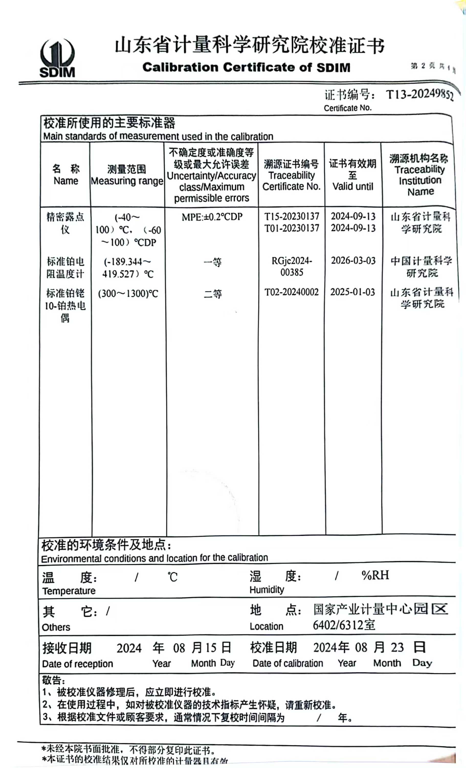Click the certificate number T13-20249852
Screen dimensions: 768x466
coord(419,94)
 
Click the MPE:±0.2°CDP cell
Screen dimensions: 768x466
coord(212,217)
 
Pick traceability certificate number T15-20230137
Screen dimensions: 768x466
coord(292,216)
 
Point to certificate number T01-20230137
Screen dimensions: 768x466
coord(292,228)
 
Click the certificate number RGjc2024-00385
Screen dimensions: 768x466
coord(292,266)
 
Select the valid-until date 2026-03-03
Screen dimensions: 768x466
coord(353,261)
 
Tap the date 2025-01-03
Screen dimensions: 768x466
coord(352,292)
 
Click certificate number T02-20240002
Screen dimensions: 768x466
coord(292,292)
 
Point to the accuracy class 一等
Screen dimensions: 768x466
coord(213,262)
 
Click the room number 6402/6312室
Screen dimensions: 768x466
coord(344,625)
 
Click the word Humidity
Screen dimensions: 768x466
coord(267,590)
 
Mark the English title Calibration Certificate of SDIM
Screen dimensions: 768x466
coord(246,67)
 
